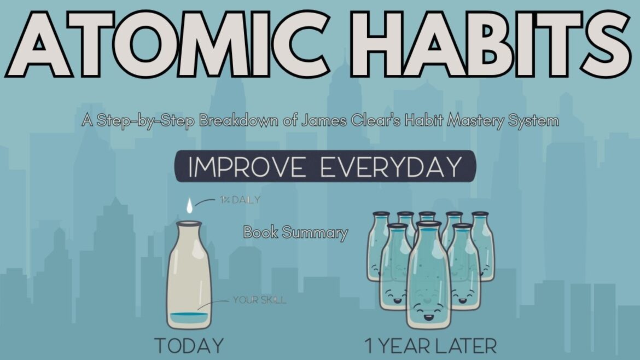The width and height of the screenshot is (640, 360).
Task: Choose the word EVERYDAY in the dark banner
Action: tap(391, 167)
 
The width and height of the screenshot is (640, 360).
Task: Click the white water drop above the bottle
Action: tap(189, 206)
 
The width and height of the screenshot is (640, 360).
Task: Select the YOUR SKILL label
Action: tap(259, 300)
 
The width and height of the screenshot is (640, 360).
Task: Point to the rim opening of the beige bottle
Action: tap(189, 223)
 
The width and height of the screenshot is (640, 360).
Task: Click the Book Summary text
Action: tap(295, 233)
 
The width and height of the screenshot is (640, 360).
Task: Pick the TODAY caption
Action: tap(189, 346)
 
